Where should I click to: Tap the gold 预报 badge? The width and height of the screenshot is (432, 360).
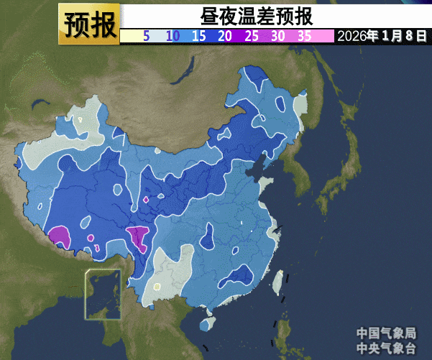click(x=89, y=24)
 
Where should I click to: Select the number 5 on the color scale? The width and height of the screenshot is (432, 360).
click(x=146, y=36)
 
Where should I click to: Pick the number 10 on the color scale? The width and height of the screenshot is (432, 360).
click(x=173, y=36)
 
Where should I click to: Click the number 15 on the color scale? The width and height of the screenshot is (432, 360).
click(x=199, y=36)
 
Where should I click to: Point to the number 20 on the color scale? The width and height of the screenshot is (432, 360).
click(x=225, y=36)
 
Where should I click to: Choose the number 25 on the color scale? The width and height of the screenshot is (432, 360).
click(x=252, y=36)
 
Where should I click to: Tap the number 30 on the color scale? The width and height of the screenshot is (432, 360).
click(x=278, y=36)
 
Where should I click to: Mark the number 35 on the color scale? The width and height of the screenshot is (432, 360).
click(x=305, y=36)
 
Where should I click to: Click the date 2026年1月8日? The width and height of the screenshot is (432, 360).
click(x=382, y=36)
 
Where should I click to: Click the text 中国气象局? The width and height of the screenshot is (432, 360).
click(x=386, y=333)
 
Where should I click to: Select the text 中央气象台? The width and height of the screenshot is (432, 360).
click(x=386, y=348)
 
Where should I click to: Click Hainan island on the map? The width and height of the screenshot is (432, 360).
click(x=207, y=324)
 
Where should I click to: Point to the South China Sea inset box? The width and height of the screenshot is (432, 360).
click(x=103, y=294)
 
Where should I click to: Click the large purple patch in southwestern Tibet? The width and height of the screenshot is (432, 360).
click(x=59, y=236)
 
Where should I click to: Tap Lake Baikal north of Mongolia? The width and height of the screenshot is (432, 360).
click(x=189, y=72)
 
